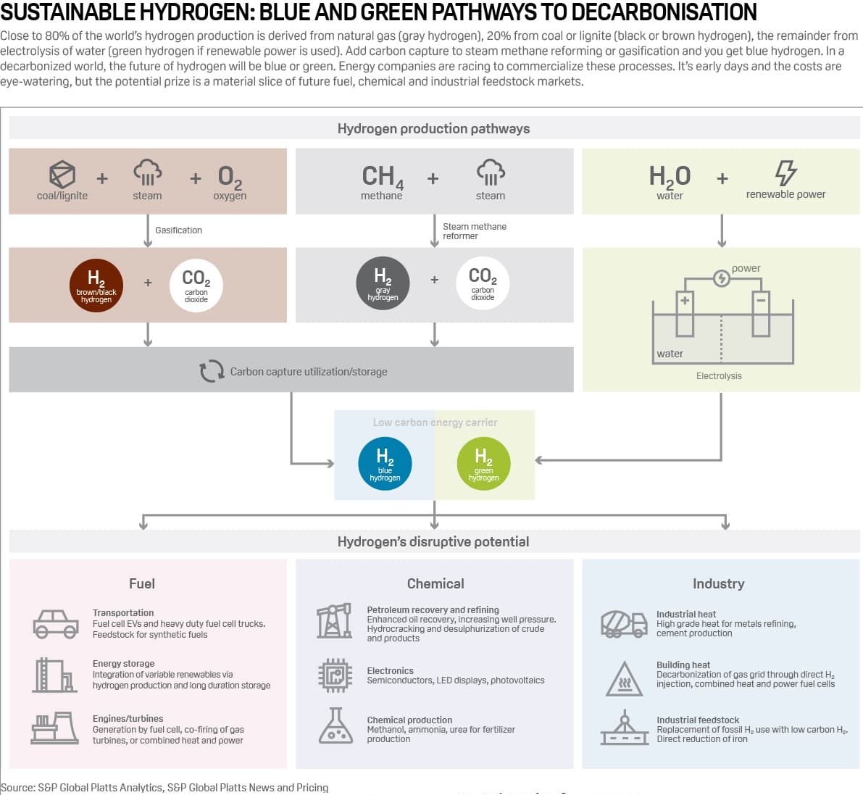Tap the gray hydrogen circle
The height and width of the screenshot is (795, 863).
(383, 283)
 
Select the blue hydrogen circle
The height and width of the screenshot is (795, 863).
(385, 464)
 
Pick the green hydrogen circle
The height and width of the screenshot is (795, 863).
(483, 464)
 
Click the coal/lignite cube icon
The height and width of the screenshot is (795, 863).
(62, 175)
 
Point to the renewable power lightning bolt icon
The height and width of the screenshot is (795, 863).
(785, 173)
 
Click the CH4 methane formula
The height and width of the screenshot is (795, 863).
(382, 176)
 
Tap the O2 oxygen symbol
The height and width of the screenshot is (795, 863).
(230, 176)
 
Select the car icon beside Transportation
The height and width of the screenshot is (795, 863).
(56, 623)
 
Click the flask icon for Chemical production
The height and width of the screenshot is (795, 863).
(335, 726)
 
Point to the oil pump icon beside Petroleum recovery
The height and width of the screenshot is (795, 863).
(334, 621)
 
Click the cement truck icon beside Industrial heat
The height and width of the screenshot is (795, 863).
(623, 623)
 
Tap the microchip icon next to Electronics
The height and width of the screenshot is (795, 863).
(335, 675)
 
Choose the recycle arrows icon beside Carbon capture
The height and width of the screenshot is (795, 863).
(212, 371)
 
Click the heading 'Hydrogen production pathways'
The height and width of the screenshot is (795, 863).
(433, 128)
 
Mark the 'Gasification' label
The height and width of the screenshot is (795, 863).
(178, 230)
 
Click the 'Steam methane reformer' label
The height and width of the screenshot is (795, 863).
(474, 231)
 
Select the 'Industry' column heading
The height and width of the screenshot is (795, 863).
(718, 583)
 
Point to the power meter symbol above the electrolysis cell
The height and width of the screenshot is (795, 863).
(721, 278)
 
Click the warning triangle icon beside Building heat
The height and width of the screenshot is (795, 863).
(624, 680)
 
